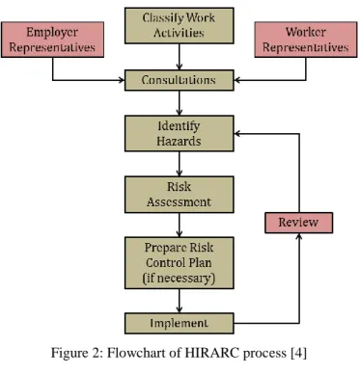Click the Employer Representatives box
coord(52,40)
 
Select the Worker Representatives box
coord(306,40)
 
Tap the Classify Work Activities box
coord(180,26)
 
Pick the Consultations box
coord(180,80)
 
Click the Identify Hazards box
coord(180,133)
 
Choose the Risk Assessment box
coord(180,195)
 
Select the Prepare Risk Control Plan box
coord(180,263)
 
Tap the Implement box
coord(180,323)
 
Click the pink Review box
coord(299,223)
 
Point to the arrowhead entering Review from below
coord(299,236)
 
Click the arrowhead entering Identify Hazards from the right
coord(237,133)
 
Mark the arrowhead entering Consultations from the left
coord(122,80)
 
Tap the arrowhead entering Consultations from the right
coord(237,80)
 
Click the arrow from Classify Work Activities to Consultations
coord(180,57)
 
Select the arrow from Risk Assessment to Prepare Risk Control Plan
coord(180,225)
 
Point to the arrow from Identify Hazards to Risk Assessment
coord(180,164)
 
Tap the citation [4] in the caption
coord(298,354)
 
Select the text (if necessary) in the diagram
coord(179,278)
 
